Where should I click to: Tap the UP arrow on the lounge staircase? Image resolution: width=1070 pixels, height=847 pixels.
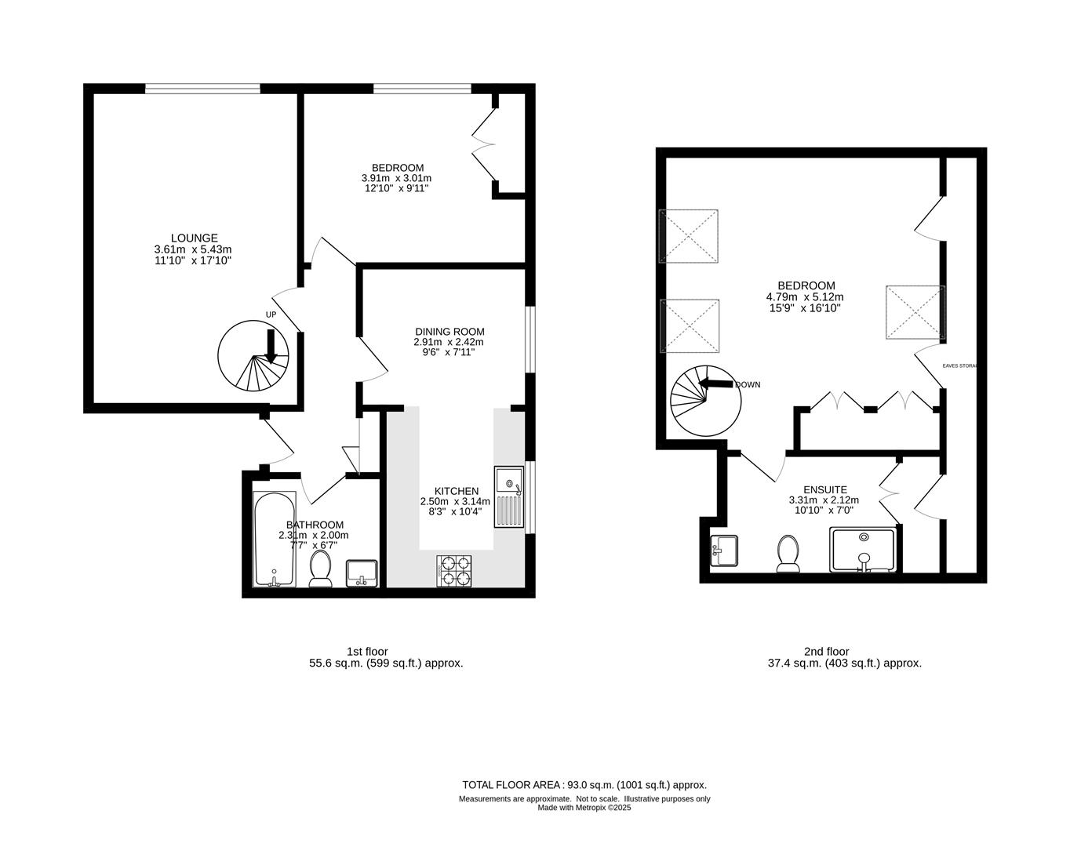271,346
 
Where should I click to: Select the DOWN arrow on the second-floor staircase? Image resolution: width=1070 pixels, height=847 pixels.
715,384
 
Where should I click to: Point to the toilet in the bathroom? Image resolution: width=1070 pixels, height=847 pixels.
320,569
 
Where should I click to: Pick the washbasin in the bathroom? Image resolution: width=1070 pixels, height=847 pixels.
362,573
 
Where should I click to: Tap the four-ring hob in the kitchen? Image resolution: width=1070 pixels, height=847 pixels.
455,570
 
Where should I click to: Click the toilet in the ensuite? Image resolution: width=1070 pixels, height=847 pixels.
787,554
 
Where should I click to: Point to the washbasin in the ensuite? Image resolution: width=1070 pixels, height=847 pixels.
723,551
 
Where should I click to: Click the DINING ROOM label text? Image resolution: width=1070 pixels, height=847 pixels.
449,332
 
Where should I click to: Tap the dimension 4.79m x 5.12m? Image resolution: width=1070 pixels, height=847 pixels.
805,297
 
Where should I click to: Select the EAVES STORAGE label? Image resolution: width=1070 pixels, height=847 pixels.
959,365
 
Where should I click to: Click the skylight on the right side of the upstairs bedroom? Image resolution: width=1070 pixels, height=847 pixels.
915,313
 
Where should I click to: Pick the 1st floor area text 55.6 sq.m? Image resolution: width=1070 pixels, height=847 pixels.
386,663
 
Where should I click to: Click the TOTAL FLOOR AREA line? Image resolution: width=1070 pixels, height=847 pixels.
584,784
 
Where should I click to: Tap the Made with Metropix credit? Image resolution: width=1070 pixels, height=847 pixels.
584,807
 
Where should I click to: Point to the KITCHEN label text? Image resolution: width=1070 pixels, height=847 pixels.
457,491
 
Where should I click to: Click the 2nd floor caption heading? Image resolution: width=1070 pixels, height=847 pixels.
826,651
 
